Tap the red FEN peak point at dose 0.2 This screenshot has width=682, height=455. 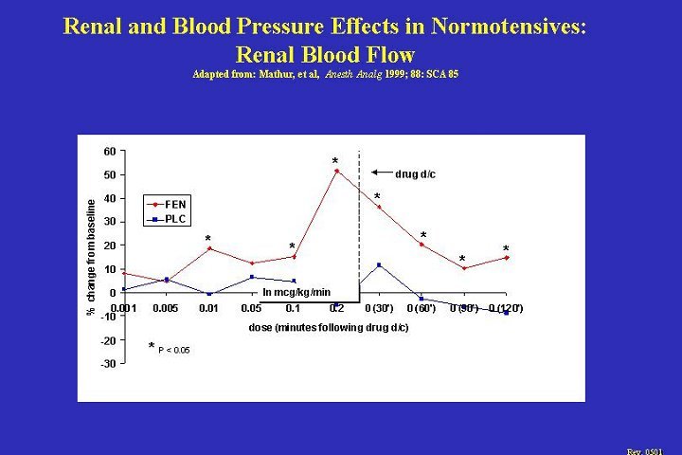[x=336, y=172]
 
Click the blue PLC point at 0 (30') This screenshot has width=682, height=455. [x=379, y=264]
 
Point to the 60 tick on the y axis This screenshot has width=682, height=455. [x=110, y=152]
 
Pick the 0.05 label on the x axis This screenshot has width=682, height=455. [x=251, y=309]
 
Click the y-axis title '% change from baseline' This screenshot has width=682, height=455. [x=92, y=257]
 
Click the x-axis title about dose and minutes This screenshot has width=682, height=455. [x=329, y=328]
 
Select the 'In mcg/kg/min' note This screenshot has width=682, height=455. [x=296, y=292]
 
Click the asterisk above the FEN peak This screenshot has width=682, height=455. [x=334, y=161]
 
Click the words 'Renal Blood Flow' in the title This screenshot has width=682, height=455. [x=324, y=54]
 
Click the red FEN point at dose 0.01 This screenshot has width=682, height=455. [x=209, y=249]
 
